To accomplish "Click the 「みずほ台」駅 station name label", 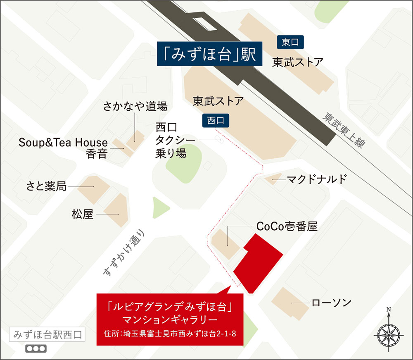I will [209, 54].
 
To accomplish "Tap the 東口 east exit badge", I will [290, 42].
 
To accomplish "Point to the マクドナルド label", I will [317, 180].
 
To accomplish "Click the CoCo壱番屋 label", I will [287, 226].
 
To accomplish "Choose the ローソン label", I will [331, 303].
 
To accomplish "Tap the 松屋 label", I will [83, 214].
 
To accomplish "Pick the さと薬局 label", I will [46, 186].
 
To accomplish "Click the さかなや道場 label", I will [135, 107].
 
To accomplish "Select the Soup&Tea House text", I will [63, 143].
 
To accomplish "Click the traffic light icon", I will [36, 348].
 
